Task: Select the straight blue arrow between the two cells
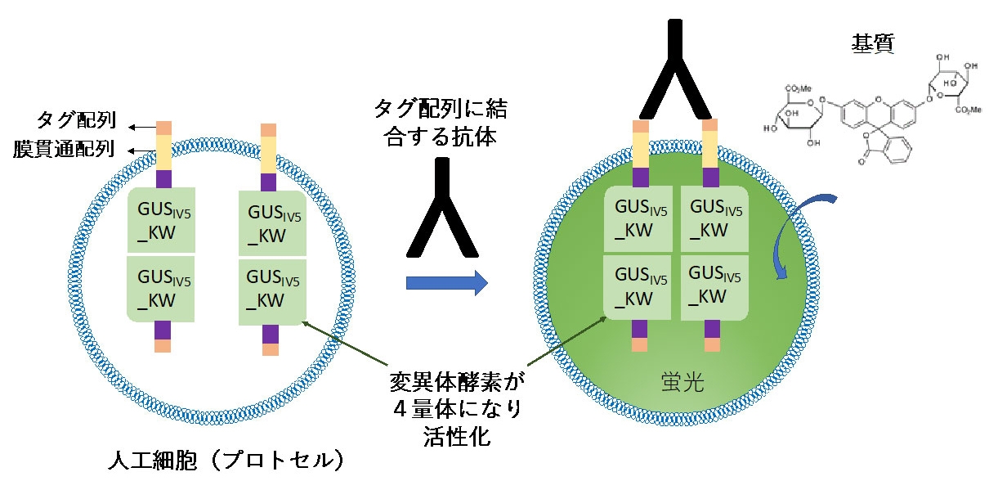(446, 283)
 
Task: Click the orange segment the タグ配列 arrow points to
(163, 128)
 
